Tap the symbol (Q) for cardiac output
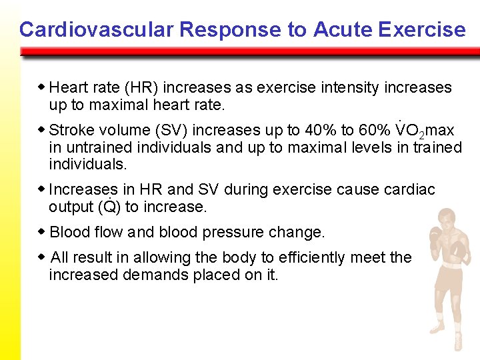click(x=109, y=207)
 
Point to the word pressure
click(x=239, y=233)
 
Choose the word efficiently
click(x=302, y=257)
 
